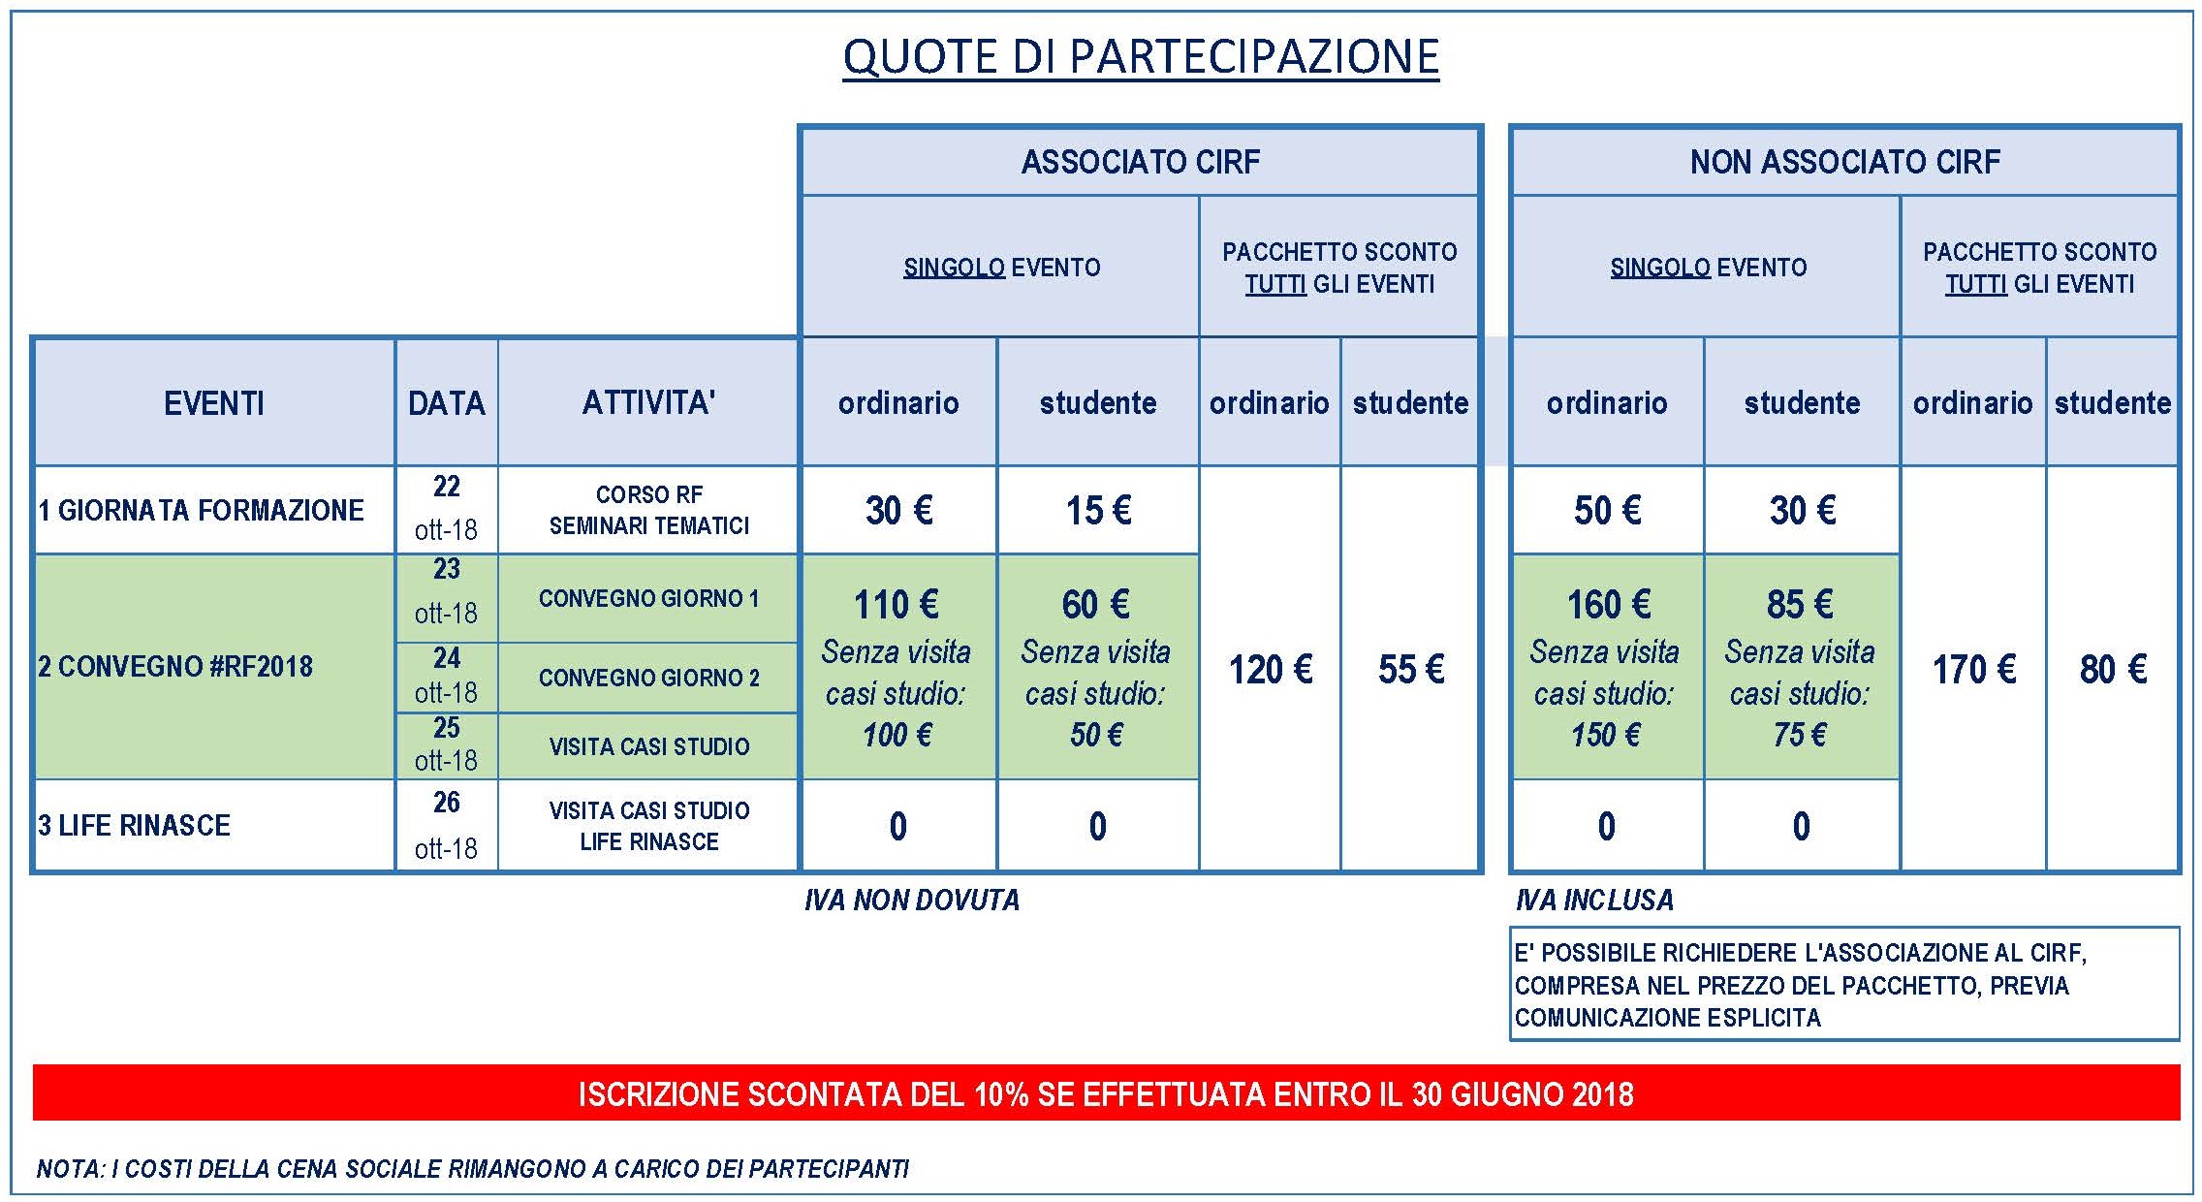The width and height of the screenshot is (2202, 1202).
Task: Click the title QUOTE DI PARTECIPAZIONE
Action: (x=1141, y=56)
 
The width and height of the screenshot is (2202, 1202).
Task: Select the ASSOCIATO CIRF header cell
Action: (x=1141, y=162)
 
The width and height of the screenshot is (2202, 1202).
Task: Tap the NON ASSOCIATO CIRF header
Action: (x=1845, y=162)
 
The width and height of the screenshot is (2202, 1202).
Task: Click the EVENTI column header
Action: (x=214, y=402)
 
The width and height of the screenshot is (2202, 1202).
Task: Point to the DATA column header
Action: (x=447, y=402)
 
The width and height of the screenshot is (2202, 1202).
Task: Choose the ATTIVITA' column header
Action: (x=648, y=402)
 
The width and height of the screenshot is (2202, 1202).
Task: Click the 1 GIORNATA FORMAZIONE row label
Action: (x=202, y=510)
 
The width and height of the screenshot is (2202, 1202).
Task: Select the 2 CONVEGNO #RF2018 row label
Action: (x=175, y=666)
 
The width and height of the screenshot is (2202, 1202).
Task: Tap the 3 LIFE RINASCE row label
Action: (x=135, y=825)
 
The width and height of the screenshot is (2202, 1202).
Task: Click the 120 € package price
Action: (x=1271, y=669)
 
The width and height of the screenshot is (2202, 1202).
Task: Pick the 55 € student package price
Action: (x=1411, y=669)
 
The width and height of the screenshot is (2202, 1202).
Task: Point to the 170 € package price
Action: (x=1974, y=669)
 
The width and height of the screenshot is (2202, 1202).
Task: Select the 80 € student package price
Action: (x=2113, y=669)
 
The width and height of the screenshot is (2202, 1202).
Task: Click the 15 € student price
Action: (x=1098, y=510)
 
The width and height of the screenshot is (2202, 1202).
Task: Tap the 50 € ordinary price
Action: (x=1608, y=510)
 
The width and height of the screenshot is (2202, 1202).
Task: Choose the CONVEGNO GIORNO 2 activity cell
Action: (x=648, y=678)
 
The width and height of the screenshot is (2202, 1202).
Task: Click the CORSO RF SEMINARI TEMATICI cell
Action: (x=648, y=510)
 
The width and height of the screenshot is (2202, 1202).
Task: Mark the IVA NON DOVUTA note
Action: (x=912, y=901)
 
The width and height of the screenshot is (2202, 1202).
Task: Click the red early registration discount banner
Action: (x=1106, y=1092)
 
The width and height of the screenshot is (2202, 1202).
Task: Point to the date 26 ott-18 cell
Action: (x=447, y=825)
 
